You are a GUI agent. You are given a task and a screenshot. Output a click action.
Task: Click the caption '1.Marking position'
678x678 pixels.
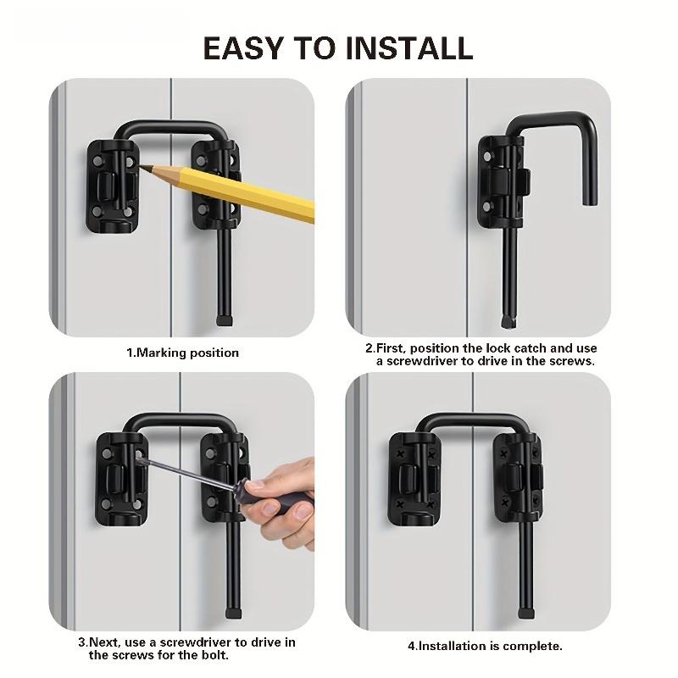(x=182, y=353)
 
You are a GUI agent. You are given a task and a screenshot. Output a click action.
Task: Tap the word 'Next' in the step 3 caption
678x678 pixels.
(x=105, y=642)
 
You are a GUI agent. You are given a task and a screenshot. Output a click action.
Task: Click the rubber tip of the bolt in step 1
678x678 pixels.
(x=225, y=320)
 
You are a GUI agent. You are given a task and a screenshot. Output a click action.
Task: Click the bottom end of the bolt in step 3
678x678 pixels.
(x=231, y=611)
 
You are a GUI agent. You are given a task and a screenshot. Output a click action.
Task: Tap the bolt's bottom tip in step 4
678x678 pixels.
(x=525, y=612)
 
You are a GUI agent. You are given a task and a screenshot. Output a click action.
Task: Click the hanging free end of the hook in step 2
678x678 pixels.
(x=591, y=198)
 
